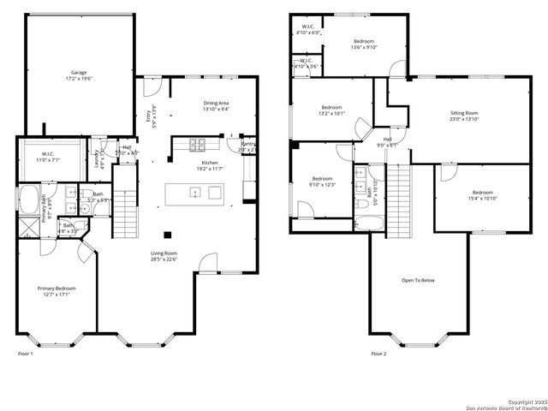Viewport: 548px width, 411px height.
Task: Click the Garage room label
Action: pos(79,73)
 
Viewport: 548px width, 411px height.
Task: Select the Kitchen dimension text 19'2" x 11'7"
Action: pos(210,170)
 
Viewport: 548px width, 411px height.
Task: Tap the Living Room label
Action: pos(164,253)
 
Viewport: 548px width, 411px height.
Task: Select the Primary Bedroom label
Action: pos(57,289)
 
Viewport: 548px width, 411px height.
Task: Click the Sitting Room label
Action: pos(464,113)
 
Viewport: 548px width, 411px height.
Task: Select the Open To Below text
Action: pos(418,280)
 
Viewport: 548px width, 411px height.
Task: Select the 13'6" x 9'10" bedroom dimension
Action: pos(364,48)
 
